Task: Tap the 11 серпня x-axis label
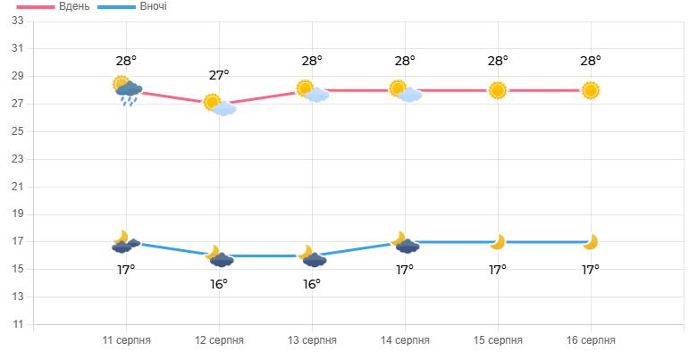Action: [126, 340]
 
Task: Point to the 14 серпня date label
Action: [405, 340]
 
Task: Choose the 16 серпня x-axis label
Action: [591, 340]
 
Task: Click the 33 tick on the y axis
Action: [17, 21]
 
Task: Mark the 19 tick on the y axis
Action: [17, 214]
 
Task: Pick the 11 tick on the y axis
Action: [17, 324]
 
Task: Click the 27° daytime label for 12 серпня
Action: [219, 75]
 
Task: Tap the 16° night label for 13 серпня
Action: [312, 284]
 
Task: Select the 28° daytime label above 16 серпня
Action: [591, 61]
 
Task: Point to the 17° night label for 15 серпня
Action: [498, 270]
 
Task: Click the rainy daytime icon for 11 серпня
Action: [128, 89]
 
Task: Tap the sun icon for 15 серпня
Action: [498, 90]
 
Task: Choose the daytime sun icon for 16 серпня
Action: [591, 90]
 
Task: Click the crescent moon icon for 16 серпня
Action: [590, 242]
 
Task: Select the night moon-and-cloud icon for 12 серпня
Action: [219, 257]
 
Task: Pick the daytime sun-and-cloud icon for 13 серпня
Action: [312, 91]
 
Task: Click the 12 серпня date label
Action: [219, 340]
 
